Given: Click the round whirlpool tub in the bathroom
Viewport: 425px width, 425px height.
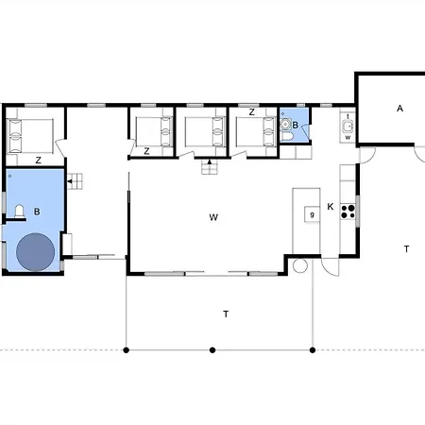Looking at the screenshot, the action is pos(35,252).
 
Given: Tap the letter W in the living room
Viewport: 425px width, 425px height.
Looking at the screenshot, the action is pos(213,217).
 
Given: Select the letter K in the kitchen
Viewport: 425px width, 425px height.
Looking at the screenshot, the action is pos(331,207).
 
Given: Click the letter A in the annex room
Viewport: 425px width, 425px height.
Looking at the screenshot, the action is pos(399,109).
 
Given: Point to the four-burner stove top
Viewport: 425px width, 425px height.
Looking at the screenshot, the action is pos(348,212).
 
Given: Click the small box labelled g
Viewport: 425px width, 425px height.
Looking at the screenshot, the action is pos(312,214).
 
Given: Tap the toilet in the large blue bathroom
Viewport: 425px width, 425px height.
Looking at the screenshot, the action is pos(20,211).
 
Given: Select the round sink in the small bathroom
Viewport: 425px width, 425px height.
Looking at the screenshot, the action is pos(285,125).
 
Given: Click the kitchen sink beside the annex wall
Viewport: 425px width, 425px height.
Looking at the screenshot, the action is pos(348,127).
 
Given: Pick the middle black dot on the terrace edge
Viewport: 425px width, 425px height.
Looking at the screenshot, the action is pos(212,350).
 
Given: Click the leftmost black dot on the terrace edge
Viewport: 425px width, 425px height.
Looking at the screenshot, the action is pos(127,350).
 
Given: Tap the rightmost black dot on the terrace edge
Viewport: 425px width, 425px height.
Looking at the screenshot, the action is pos(313,350).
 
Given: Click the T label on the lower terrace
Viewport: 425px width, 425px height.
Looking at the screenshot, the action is pos(226,314).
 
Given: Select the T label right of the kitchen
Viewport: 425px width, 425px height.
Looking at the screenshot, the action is pos(406,249).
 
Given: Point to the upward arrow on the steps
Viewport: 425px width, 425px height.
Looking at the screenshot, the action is pos(210,161).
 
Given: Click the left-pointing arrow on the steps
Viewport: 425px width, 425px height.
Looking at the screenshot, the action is pos(70,181).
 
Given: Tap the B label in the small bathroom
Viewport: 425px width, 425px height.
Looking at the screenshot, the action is pos(295,125).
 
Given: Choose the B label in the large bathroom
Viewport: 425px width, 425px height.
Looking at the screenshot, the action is pos(37,212).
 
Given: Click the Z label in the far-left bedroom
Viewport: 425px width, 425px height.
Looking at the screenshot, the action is pos(38,161).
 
